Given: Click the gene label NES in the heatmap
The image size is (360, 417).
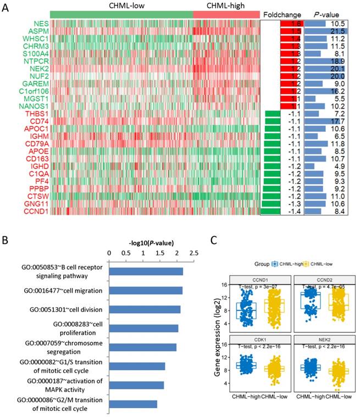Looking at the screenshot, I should [40, 24].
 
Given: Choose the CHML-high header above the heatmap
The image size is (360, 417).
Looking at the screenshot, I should [226, 5].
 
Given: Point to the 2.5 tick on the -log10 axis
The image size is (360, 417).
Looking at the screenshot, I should [194, 254].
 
